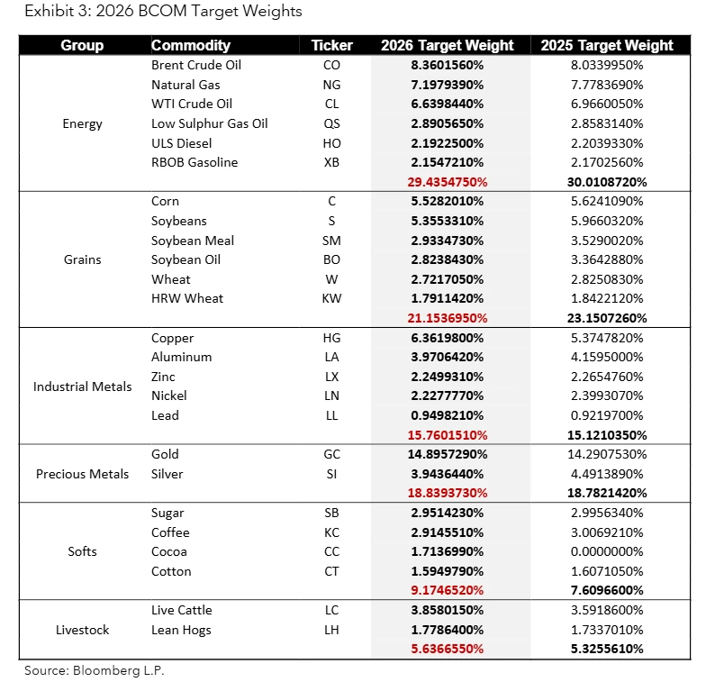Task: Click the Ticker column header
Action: point(331,45)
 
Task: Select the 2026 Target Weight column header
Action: point(447,45)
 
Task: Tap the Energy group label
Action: point(82,123)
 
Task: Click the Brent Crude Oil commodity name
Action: point(196,65)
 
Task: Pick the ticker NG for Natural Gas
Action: point(331,85)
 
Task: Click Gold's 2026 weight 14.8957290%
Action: point(447,454)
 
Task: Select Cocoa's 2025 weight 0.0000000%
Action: point(602,551)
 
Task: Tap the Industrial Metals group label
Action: point(82,386)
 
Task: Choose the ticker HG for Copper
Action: point(331,338)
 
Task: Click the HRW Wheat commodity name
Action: point(187,298)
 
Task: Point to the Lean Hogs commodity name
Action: point(181,630)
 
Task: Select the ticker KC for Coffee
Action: point(331,532)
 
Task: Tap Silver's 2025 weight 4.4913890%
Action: point(602,474)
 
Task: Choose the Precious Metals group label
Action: point(82,474)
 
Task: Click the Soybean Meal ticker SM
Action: point(331,241)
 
